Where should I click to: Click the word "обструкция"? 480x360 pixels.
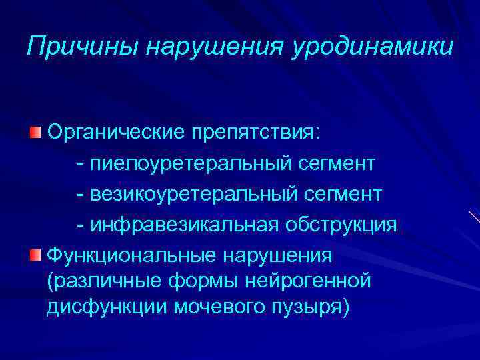342,225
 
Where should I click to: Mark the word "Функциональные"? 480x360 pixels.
135,255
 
